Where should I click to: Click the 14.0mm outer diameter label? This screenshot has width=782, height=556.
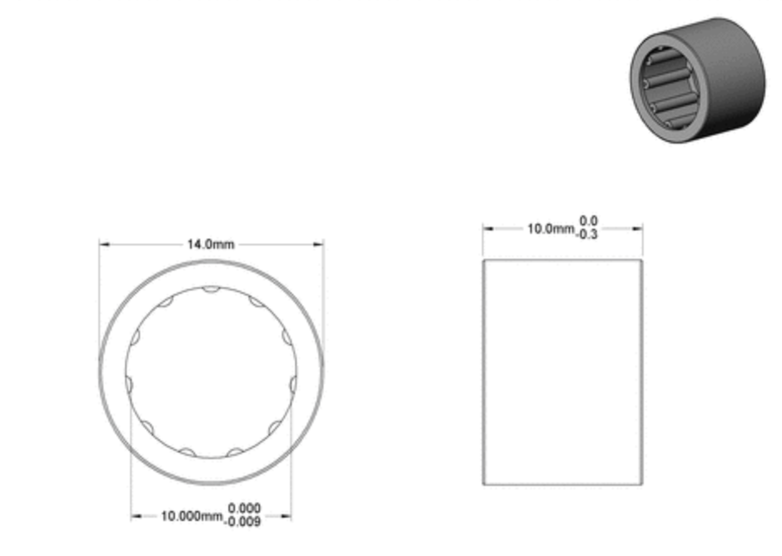pos(210,245)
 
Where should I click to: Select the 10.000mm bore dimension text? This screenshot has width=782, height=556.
pos(192,516)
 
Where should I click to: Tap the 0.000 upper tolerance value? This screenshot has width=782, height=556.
pos(244,508)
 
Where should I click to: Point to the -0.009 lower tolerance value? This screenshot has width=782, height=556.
pos(243,522)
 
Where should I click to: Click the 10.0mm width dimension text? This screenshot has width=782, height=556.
pos(550,229)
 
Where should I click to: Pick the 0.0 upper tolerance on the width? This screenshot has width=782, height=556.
pos(589,220)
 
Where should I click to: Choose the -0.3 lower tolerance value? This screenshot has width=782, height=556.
pos(587,234)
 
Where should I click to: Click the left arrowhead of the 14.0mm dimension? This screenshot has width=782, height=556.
pos(104,245)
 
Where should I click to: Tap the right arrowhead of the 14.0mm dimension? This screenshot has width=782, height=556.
pos(318,245)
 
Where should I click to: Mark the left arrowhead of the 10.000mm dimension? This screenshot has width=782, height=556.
pos(136,516)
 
